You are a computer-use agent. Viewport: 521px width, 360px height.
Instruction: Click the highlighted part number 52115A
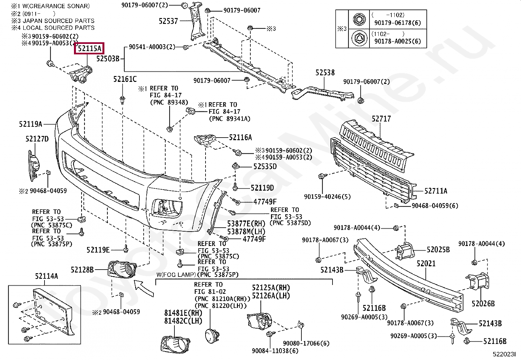tap(89, 48)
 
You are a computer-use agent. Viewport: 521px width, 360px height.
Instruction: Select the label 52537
tap(168, 21)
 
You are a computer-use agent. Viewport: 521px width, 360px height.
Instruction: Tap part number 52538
tap(325, 73)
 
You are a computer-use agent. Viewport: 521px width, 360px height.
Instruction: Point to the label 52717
tap(381, 119)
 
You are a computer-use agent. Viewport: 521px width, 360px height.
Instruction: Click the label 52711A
tap(436, 191)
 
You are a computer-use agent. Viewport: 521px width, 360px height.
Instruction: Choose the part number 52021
tap(426, 263)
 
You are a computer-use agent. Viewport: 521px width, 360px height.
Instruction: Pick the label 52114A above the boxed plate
tap(46, 276)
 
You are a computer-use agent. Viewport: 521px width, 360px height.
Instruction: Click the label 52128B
tap(82, 270)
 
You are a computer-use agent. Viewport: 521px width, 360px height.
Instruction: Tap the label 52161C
tap(125, 79)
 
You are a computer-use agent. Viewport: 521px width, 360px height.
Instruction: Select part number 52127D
tap(37, 139)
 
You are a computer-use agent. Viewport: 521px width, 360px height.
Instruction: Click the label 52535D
tap(265, 166)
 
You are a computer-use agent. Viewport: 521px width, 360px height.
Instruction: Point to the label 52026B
tap(483, 303)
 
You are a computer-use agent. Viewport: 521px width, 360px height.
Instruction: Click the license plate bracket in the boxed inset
tap(53, 312)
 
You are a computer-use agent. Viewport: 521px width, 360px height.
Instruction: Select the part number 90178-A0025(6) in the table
tap(398, 41)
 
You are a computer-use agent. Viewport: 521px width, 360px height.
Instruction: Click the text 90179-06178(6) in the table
tap(398, 23)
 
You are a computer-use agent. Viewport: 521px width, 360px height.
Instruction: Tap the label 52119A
tap(30, 124)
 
